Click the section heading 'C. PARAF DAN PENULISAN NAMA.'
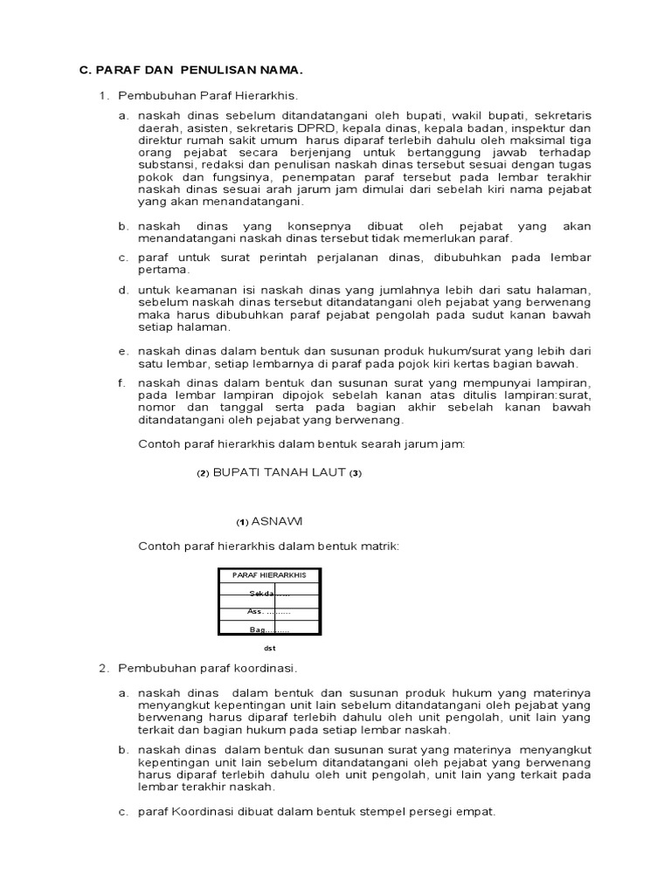(x=191, y=70)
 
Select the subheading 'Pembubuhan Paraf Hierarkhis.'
(x=214, y=94)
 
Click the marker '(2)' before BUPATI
(x=203, y=473)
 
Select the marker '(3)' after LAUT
(x=355, y=473)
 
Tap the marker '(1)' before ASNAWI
(x=243, y=522)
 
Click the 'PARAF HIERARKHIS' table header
(x=268, y=575)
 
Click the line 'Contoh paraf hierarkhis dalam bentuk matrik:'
(x=269, y=546)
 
